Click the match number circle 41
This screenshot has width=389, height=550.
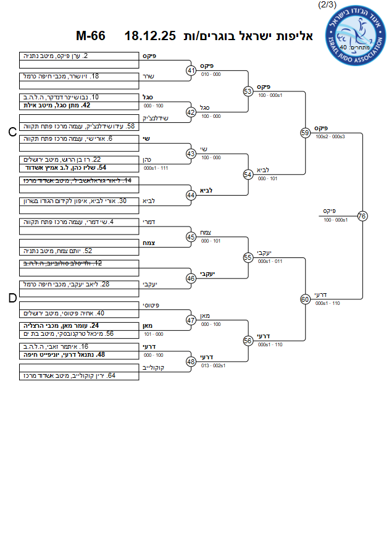(191, 70)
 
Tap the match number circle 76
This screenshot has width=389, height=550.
(362, 216)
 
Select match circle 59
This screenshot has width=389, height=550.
(305, 133)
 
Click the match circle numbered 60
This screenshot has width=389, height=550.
(305, 299)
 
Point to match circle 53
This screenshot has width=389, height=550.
(248, 91)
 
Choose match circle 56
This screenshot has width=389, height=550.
(248, 341)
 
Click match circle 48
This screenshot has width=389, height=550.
(191, 361)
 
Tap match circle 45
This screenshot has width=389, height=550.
(191, 236)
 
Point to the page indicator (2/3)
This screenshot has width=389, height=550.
(328, 5)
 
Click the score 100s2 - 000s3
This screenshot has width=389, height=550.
(330, 136)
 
